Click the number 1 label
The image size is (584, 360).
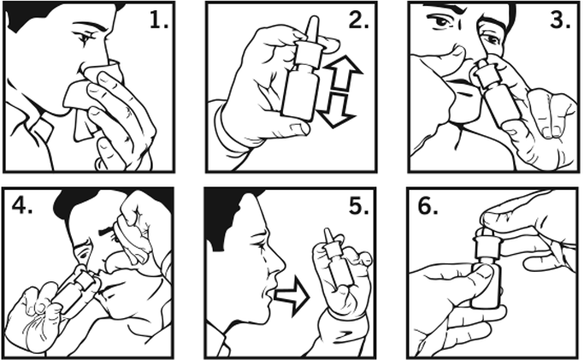point(159,20)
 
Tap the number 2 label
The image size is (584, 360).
point(358,20)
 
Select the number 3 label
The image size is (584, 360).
point(561,20)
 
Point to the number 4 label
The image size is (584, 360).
point(22,204)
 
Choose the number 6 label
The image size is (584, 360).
point(428,206)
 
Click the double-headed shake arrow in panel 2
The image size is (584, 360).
point(341,91)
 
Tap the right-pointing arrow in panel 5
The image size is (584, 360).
point(292,296)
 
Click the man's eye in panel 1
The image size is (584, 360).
point(84,38)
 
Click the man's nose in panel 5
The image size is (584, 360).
point(279,263)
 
